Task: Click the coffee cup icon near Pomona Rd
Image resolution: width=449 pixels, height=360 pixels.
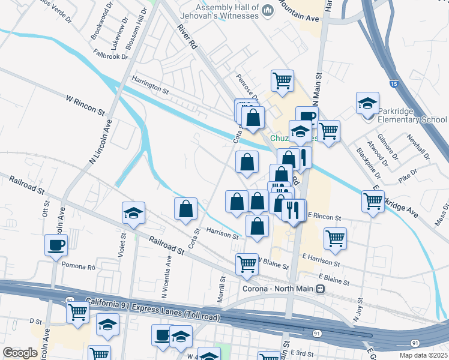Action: pos(56,245)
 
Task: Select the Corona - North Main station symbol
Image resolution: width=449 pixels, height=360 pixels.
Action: pos(321,289)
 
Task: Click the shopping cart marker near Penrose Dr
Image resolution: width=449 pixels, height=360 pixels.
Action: pos(282,80)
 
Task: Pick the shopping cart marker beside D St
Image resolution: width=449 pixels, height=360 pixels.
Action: pos(78,312)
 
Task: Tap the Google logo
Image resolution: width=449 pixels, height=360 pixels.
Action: pos(20,353)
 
